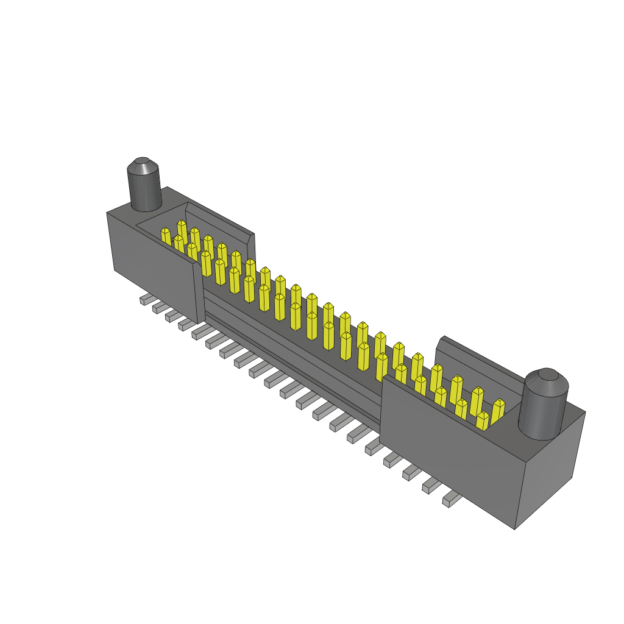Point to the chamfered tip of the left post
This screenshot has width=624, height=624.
point(142,165)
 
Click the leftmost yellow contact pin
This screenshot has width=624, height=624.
point(166,236)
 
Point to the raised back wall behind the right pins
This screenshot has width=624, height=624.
point(478,360)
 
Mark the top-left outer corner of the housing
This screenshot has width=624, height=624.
point(107,213)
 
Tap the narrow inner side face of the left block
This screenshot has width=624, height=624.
point(199,292)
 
